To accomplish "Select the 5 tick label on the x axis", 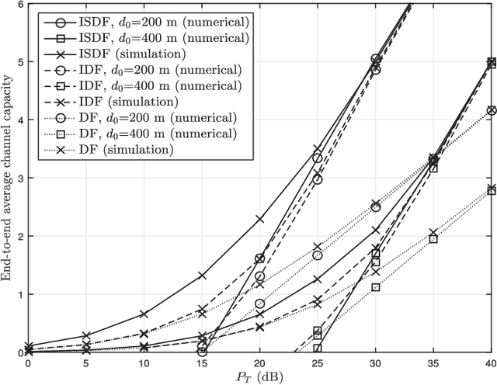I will (x=86, y=362).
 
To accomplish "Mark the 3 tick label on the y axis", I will (x=19, y=178).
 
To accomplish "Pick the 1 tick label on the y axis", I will (x=19, y=294).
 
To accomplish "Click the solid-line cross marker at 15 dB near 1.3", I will (x=202, y=276).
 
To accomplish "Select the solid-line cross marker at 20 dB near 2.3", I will (x=259, y=219).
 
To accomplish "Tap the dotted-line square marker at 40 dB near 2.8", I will (x=490, y=189).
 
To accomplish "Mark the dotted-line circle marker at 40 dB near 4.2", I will (x=490, y=111).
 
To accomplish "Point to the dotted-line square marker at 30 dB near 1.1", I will (x=375, y=287).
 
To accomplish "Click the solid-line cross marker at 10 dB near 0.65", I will (x=144, y=314).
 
